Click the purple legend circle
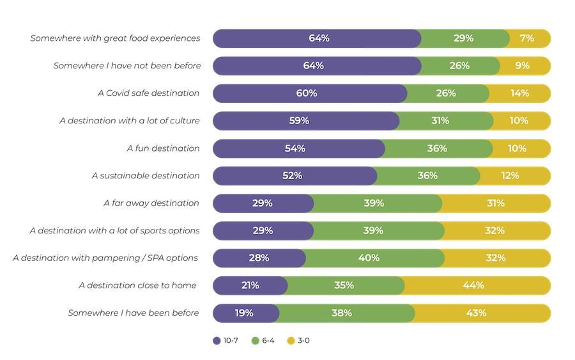pos(217,341)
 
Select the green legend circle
pos(255,341)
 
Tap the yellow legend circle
pos(291,341)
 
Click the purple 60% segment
pos(308,93)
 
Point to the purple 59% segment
pos(304,121)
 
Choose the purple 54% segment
pos(297,148)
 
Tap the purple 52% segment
pos(293,176)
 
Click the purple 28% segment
pos(258,258)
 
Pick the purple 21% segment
pos(249,286)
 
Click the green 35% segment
pos(345,286)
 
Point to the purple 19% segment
pos(245,313)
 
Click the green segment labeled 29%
pos(464,38)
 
